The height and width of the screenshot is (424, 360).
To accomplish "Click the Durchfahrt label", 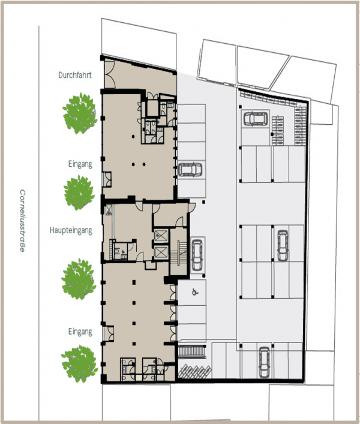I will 74,76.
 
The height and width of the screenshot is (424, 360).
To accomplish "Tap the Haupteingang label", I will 71,230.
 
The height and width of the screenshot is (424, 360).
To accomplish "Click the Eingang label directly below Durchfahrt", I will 80,163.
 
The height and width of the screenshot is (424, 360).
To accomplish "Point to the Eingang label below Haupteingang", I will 80,331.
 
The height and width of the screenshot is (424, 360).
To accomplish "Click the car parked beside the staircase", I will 197,252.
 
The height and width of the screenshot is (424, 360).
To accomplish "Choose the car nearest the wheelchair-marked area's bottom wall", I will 264,359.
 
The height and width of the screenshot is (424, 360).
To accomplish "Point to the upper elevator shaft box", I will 161,235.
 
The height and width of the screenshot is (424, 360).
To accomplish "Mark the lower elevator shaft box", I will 161,252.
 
